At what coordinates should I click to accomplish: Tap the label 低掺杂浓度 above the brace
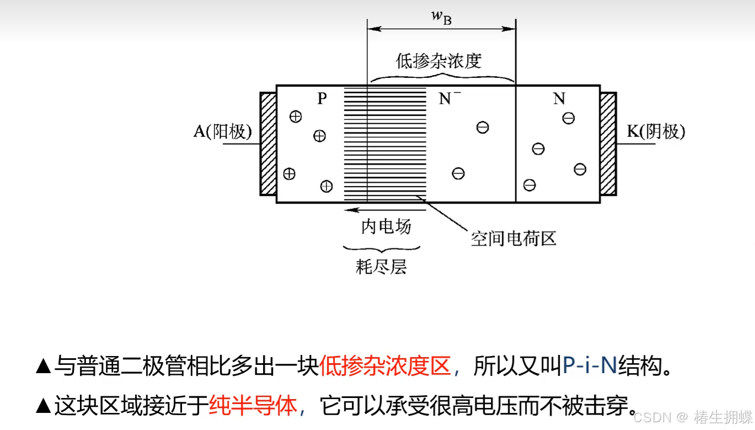(x=439, y=61)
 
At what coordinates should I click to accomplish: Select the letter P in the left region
(x=322, y=99)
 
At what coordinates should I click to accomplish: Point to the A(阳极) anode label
(x=222, y=131)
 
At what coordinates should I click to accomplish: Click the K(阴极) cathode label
(x=656, y=131)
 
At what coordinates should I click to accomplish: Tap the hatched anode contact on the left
(x=268, y=144)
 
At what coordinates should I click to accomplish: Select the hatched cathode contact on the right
(x=608, y=144)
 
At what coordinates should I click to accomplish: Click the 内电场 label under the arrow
(x=386, y=226)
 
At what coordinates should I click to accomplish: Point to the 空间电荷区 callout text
(x=513, y=238)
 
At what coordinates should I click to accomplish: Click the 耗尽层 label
(x=382, y=267)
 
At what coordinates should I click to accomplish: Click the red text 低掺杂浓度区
(x=385, y=366)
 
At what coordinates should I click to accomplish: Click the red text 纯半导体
(x=253, y=406)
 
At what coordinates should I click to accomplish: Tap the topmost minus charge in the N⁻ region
(x=483, y=128)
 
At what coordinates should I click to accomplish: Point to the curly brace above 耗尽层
(x=382, y=249)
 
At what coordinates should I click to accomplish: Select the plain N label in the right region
(x=559, y=99)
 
